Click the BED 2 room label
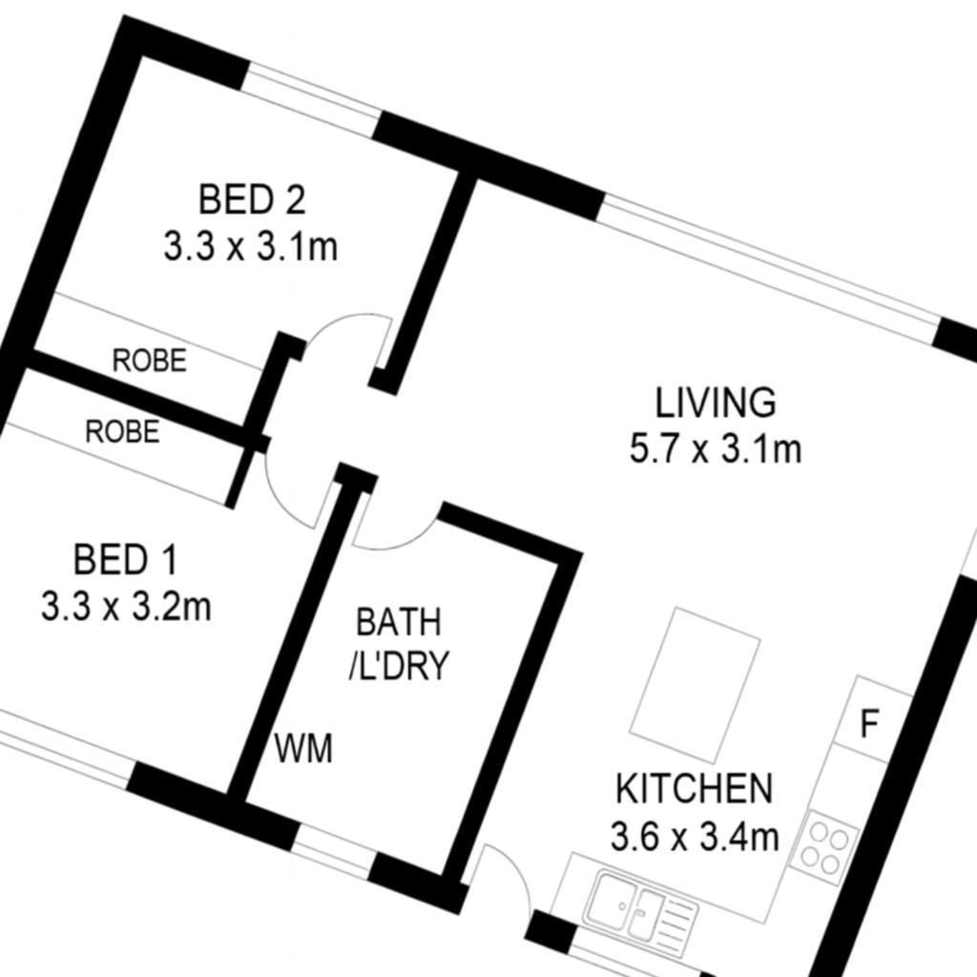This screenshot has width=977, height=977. (252, 200)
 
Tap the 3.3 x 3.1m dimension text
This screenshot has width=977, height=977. (251, 246)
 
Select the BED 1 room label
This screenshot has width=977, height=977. (126, 559)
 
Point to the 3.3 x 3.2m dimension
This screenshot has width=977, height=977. (127, 606)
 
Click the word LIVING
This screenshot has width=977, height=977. (716, 403)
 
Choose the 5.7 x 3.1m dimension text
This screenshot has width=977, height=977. (716, 448)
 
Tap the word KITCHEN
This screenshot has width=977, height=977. (695, 788)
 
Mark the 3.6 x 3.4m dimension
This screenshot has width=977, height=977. (695, 836)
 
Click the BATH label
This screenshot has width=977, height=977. (398, 622)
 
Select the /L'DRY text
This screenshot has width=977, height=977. (398, 665)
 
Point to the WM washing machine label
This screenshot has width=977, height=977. (303, 748)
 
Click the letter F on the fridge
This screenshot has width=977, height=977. (869, 723)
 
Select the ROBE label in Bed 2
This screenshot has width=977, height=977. (150, 360)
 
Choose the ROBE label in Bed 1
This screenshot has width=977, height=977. (122, 432)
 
